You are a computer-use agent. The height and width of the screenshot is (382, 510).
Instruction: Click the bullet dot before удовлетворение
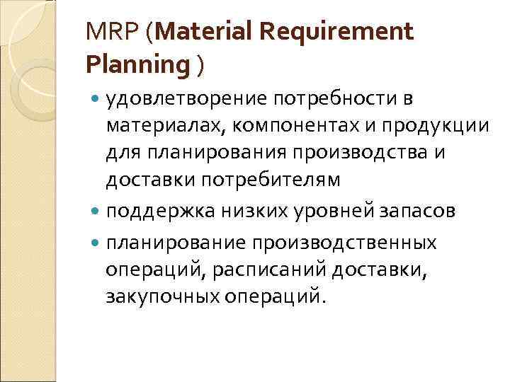click(96, 98)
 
